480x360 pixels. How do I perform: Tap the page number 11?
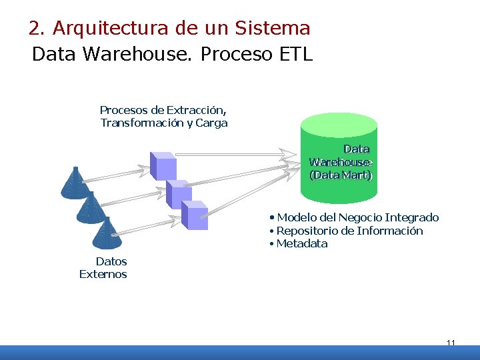(451, 343)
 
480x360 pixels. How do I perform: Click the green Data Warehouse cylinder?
(339, 160)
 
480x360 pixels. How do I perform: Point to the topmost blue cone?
(75, 183)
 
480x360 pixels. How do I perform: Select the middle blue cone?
(91, 208)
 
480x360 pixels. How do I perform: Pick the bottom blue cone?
(107, 233)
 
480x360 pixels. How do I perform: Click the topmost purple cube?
(163, 166)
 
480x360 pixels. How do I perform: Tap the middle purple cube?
(179, 194)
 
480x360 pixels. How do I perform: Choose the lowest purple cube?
(195, 215)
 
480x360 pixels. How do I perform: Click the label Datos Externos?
(104, 267)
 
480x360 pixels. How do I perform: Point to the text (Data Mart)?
(341, 175)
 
